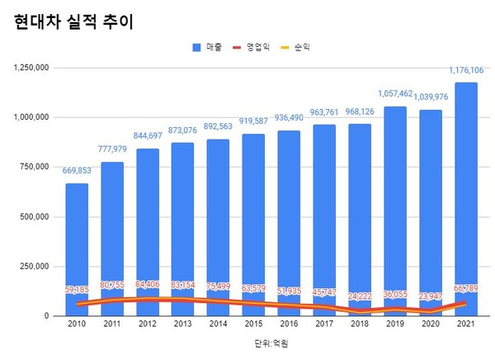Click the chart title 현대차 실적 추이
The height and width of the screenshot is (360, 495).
tap(73, 22)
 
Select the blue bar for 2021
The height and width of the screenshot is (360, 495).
tap(467, 198)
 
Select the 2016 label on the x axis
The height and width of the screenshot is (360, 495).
tap(290, 325)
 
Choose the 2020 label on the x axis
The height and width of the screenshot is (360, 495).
tap(431, 325)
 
